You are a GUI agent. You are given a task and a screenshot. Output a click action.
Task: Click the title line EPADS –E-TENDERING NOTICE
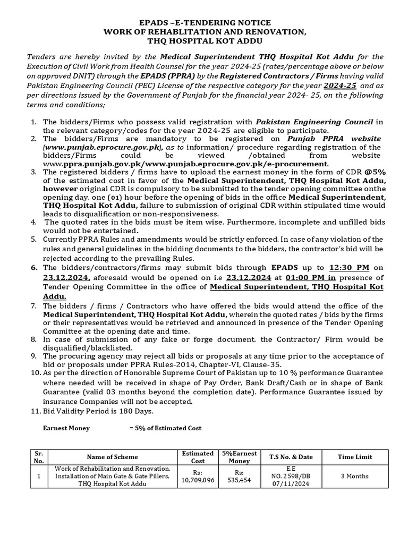[x=204, y=23]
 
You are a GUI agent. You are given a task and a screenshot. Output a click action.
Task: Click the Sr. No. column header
[x=38, y=456]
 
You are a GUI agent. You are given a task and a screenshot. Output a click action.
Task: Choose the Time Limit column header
[x=354, y=457]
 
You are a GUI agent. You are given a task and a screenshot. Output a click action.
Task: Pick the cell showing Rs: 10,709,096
[x=198, y=476]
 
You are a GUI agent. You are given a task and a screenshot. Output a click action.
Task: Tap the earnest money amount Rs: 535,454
[x=239, y=476]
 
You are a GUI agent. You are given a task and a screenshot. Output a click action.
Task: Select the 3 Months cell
[x=354, y=476]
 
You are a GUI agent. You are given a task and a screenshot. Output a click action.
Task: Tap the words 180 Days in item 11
[x=137, y=411]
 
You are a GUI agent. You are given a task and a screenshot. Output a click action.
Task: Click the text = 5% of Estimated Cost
[x=165, y=428]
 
